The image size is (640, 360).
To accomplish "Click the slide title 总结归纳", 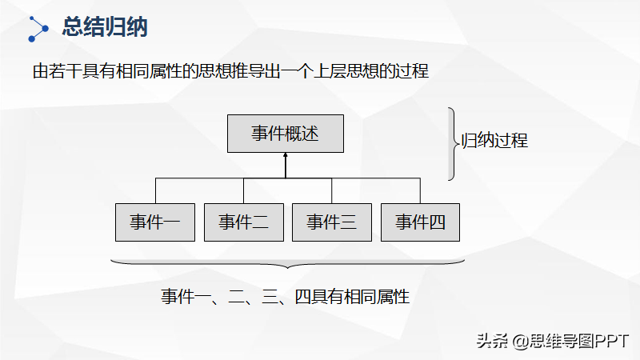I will [x=105, y=28].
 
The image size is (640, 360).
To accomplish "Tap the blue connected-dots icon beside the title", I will [x=38, y=28].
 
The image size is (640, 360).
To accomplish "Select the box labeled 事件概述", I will [x=286, y=134].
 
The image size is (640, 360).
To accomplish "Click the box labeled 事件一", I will [x=155, y=222].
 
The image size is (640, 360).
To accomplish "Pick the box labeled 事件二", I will [x=243, y=222].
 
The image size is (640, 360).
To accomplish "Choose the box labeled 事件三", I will [x=331, y=222].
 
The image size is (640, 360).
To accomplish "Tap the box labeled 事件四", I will [x=420, y=222].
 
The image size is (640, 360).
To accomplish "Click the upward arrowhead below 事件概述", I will [x=286, y=158].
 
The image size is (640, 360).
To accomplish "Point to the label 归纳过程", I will [x=495, y=142].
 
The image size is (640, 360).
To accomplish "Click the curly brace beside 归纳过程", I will [x=454, y=144].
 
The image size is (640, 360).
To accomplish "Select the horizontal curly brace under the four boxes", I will [x=286, y=263].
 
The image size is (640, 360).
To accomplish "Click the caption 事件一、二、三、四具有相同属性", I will [x=286, y=297].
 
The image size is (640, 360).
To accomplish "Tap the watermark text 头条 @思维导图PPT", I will [x=553, y=341].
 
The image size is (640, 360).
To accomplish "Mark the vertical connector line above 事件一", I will [x=155, y=190].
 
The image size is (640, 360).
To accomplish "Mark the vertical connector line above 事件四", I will [x=420, y=190].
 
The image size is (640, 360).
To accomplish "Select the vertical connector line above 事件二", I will [x=243, y=190].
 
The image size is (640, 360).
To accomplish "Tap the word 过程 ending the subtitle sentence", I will [x=413, y=71].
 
